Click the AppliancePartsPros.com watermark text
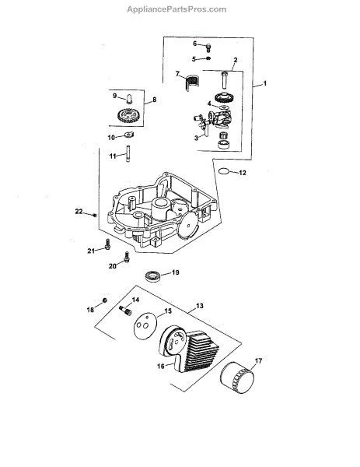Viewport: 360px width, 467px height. [177, 9]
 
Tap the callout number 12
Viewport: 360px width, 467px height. [243, 173]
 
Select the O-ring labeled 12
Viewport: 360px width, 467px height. [224, 171]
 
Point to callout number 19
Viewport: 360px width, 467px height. [176, 272]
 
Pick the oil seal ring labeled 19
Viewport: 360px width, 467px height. [152, 276]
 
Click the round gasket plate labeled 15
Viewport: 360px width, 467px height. [145, 325]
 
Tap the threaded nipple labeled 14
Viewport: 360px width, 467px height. [125, 311]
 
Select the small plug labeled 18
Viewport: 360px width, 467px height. [104, 300]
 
